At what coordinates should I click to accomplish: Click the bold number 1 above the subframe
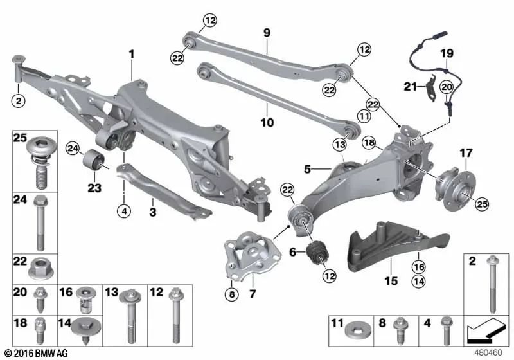[x=132, y=54]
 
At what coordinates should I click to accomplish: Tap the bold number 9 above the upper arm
[x=267, y=33]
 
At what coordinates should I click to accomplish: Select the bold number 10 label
[x=267, y=123]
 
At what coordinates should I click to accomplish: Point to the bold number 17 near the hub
[x=466, y=153]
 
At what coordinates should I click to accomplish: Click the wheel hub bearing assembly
[x=455, y=185]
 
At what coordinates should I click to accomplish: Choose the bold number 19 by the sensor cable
[x=447, y=53]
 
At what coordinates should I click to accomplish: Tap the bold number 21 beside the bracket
[x=410, y=87]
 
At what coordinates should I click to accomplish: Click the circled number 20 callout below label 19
[x=447, y=87]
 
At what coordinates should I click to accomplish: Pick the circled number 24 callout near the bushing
[x=73, y=149]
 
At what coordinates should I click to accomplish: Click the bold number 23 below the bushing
[x=94, y=188]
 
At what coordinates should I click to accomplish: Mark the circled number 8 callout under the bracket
[x=232, y=294]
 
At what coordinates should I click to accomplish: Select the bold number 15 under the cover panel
[x=391, y=281]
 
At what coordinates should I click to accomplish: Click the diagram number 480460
[x=488, y=353]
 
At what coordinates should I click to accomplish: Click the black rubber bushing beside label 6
[x=318, y=253]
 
